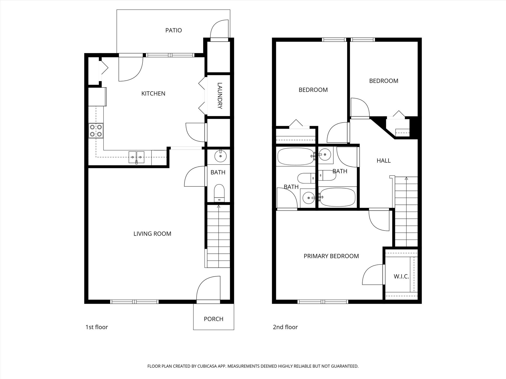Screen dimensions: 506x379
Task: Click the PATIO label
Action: [x=173, y=30]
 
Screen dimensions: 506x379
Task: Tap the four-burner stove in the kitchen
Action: [x=96, y=131]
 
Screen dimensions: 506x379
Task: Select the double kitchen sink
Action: [x=137, y=157]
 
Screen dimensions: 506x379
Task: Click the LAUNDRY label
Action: [x=220, y=96]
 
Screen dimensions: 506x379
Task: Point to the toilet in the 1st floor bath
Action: [x=219, y=193]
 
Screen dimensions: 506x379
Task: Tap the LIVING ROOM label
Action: [x=152, y=234]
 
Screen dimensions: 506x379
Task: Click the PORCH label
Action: [x=213, y=319]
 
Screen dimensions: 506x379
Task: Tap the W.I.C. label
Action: [x=401, y=276]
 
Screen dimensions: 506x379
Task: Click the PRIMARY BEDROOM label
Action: [x=331, y=256]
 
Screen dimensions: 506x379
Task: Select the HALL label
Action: [x=383, y=161]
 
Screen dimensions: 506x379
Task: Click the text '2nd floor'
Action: [x=285, y=327]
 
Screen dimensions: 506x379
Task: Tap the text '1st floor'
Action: [x=97, y=327]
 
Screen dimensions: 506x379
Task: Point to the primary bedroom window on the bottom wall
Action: [x=323, y=302]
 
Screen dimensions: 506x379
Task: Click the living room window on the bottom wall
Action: [x=134, y=302]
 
